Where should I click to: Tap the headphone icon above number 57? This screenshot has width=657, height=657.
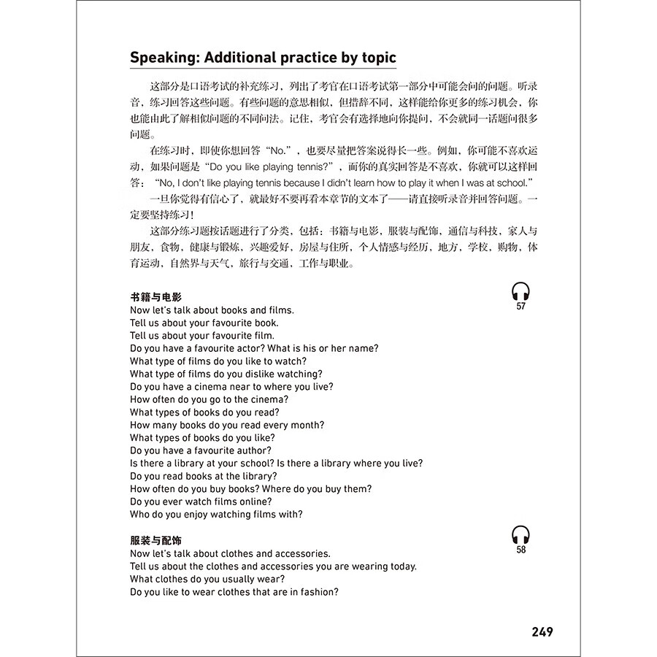pos(520,292)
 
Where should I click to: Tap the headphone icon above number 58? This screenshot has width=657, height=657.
pos(520,535)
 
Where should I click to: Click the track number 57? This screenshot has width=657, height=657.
pos(520,307)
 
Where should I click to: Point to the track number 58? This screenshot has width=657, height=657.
pos(520,550)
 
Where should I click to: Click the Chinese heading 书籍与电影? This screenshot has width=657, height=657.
pos(155,297)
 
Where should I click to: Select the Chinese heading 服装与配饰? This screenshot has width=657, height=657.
pos(155,541)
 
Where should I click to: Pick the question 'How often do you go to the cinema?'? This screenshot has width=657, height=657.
pos(209,399)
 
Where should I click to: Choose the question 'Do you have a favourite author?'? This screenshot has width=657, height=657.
pos(201,450)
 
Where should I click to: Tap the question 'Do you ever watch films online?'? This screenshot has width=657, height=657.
pos(201,502)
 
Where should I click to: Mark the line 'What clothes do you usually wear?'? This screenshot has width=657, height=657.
pos(207,579)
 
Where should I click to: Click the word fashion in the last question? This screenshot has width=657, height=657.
pos(316,592)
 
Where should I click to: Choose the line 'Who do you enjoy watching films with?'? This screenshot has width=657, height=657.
pos(216,515)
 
